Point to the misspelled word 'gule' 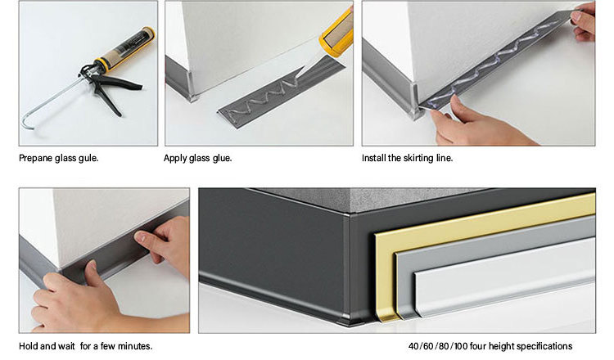point(88,158)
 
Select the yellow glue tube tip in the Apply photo point(336,30)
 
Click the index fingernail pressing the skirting point(140,236)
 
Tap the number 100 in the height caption point(461,346)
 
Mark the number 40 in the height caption point(413,346)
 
